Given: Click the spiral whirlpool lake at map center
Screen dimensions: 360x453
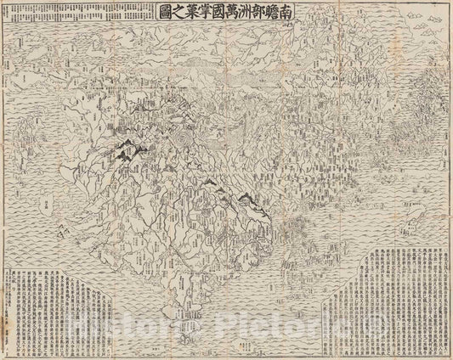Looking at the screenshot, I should (x=185, y=137).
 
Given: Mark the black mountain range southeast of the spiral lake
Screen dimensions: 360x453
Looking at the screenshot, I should (x=246, y=200).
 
